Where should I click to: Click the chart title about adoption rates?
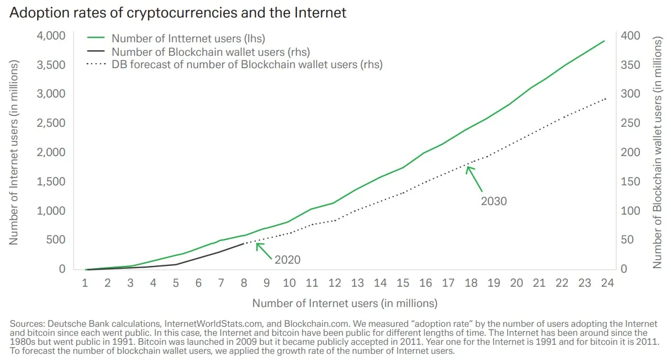coord(178,13)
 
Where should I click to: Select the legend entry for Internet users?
coord(188,39)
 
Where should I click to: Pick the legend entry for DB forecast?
coord(247,64)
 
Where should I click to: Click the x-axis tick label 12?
coord(335,283)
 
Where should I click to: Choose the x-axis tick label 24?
coord(607,283)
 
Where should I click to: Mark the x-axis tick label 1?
coord(85,283)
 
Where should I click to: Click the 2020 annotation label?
coord(287,260)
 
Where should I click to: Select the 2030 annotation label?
coord(494,201)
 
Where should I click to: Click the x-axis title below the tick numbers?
coord(344,303)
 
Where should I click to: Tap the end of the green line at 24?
coord(605,41)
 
